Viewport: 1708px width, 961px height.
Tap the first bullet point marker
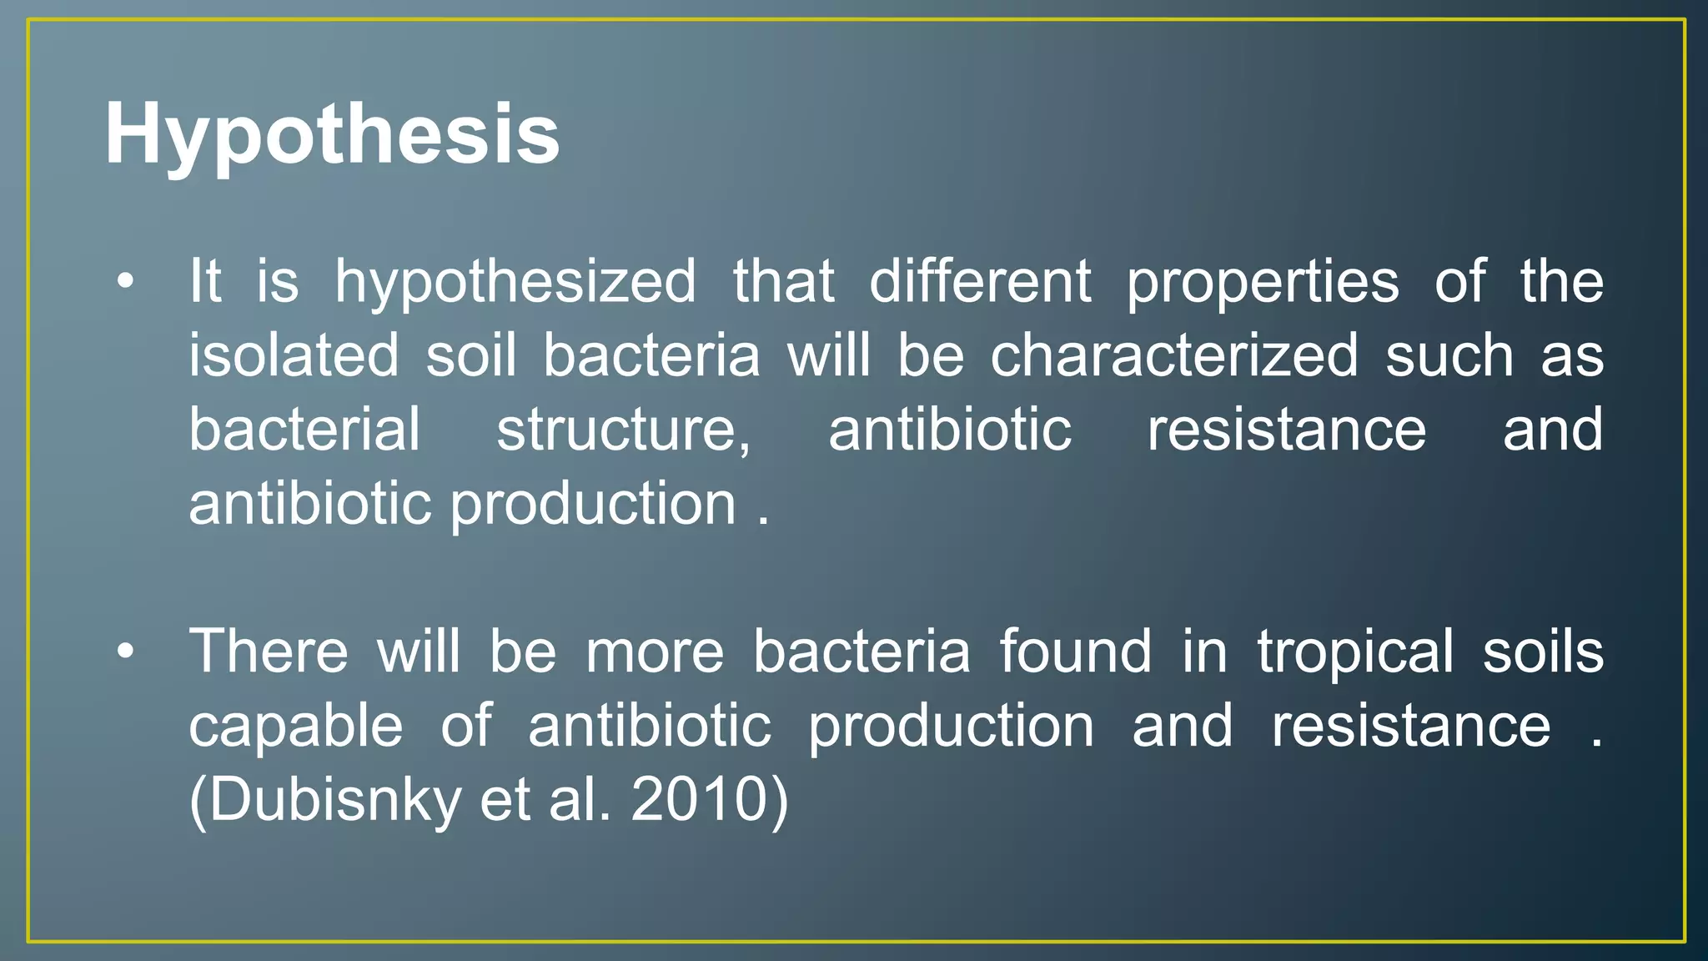(x=125, y=281)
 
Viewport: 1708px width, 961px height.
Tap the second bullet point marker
(x=125, y=652)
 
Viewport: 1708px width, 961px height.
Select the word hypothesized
(x=515, y=282)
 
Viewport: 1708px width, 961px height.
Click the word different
(x=980, y=281)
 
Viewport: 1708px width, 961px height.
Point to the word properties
(x=1263, y=282)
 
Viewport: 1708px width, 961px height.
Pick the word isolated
(x=294, y=355)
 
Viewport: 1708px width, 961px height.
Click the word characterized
(x=1174, y=355)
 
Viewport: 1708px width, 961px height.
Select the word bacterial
(x=304, y=430)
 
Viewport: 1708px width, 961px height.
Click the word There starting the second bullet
(x=268, y=652)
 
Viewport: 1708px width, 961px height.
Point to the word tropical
(x=1355, y=652)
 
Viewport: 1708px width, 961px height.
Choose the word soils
(x=1543, y=652)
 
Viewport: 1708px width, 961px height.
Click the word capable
(x=296, y=726)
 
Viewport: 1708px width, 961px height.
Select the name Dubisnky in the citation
(x=334, y=799)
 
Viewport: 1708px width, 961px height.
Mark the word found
(x=1075, y=652)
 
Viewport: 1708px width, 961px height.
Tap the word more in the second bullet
(x=655, y=653)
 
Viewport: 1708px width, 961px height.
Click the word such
(x=1449, y=355)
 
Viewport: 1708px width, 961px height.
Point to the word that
(x=783, y=281)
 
